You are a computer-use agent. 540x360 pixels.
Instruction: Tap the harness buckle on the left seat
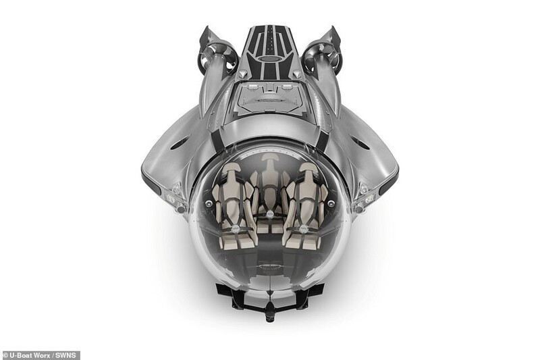click(x=235, y=228)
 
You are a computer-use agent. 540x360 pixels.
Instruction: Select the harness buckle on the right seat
click(x=304, y=228)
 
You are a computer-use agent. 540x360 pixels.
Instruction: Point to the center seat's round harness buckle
click(x=269, y=214)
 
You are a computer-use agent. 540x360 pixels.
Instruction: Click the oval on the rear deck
click(x=269, y=59)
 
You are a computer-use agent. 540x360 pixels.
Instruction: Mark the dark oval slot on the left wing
click(x=180, y=143)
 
